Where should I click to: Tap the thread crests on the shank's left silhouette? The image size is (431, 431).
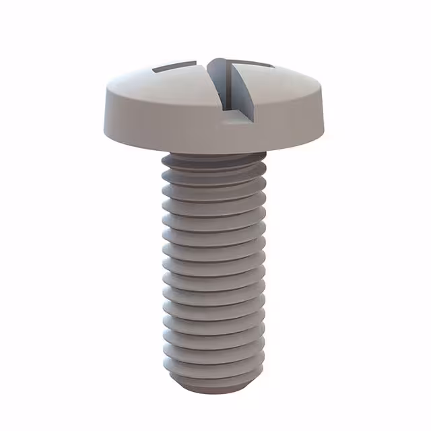pyautogui.click(x=165, y=269)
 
